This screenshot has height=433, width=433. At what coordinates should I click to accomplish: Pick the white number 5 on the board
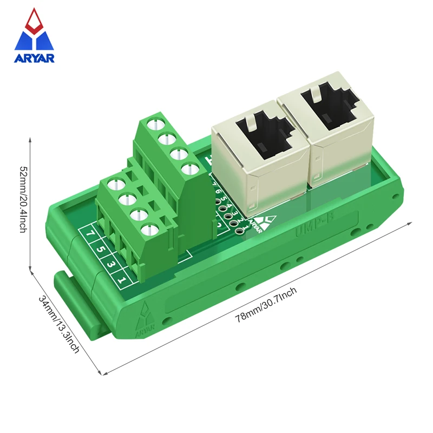point(99,250)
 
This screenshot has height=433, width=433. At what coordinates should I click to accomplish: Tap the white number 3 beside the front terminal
point(110,265)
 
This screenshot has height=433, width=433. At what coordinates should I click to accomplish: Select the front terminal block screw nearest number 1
point(146,231)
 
